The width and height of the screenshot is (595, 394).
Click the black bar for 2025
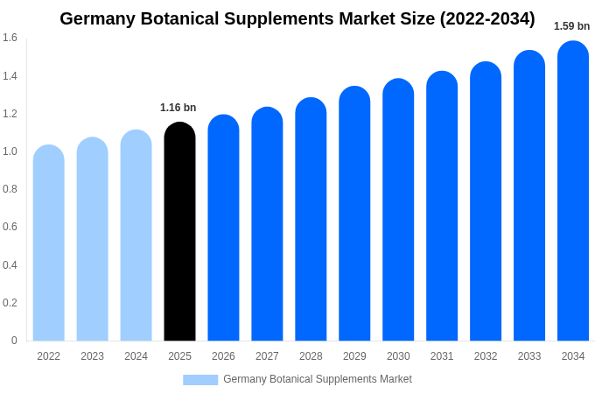179,232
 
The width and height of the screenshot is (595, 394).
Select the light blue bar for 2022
49,243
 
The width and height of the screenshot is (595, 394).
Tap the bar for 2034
573,191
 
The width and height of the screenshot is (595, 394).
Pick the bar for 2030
398,210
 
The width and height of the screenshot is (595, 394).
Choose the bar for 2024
136,236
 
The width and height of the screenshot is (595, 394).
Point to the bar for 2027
267,224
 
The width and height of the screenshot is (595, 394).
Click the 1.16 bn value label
178,108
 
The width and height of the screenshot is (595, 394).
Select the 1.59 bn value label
571,26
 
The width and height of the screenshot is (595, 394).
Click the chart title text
297,18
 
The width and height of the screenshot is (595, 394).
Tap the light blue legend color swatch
200,380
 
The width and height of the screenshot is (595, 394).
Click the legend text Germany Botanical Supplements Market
317,379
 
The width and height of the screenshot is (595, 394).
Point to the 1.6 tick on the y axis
10,38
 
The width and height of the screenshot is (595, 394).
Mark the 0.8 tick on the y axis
10,189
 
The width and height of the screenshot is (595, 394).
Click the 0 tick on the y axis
14,341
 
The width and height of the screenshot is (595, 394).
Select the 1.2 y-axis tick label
10,114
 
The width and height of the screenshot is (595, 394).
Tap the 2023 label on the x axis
92,356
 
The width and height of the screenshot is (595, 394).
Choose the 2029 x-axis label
354,356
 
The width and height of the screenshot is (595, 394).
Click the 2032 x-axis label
486,356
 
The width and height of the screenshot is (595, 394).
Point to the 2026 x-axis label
223,356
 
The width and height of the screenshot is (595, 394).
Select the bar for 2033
529,196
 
